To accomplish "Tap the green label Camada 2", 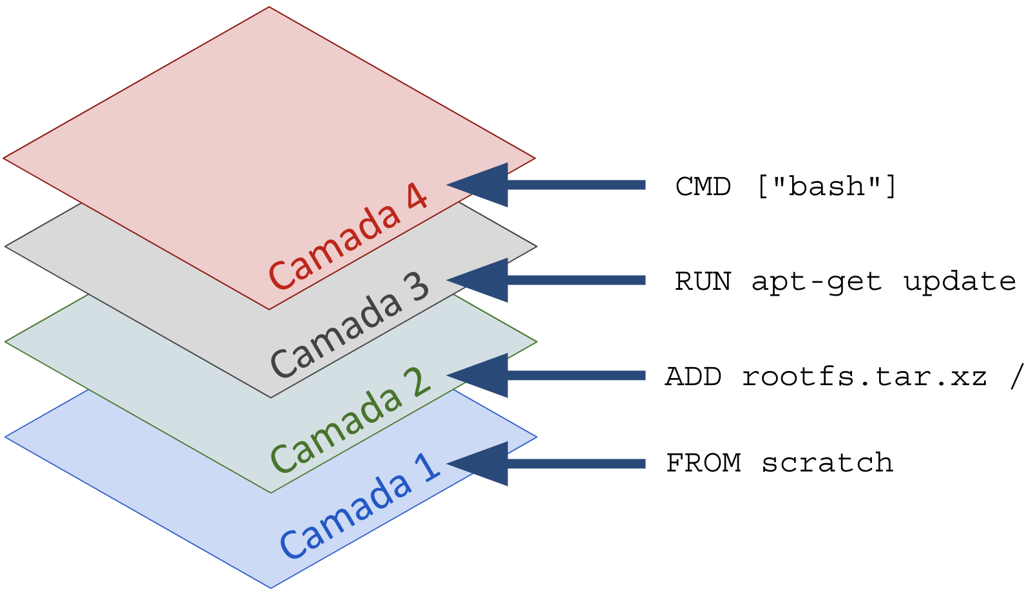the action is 350,420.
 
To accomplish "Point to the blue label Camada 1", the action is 360,506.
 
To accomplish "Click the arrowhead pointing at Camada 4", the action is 477,185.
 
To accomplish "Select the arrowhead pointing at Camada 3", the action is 477,280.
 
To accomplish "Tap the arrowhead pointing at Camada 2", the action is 477,376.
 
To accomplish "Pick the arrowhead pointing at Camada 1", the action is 477,464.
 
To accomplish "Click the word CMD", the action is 703,187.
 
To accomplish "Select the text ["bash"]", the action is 827,186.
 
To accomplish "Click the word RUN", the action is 703,281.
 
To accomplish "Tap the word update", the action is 959,281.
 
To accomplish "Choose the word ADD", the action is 693,377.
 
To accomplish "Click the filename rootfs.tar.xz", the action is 865,376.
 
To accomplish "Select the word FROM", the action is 704,463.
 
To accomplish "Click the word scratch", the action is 828,462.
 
